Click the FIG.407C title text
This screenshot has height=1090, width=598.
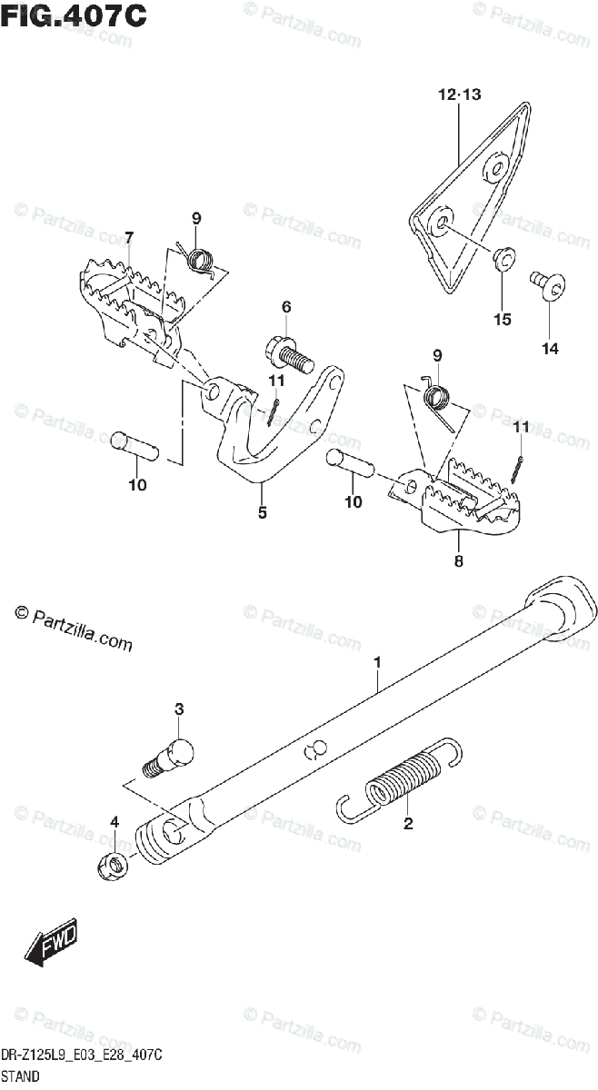point(74,15)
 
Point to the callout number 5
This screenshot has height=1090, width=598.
point(262,513)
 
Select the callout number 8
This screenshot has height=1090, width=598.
point(458,561)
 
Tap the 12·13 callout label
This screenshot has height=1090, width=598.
point(460,94)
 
